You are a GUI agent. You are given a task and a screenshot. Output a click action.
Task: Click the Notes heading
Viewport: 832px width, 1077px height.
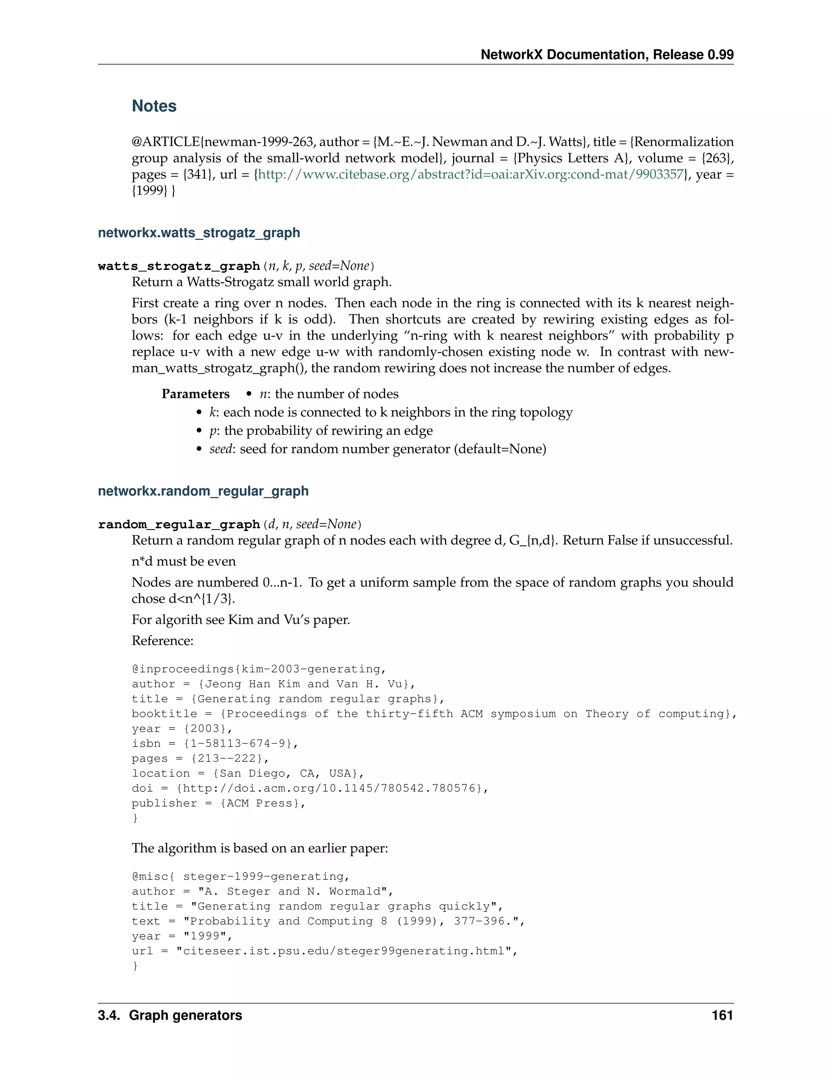(154, 106)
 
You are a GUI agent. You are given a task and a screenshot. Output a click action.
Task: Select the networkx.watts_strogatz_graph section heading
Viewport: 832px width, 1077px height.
(199, 233)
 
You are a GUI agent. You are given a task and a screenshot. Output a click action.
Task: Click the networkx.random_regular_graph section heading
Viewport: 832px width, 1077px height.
(203, 491)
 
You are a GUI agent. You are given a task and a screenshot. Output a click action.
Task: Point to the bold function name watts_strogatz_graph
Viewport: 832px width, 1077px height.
(179, 266)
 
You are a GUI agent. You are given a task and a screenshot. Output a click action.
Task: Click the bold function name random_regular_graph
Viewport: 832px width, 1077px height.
(179, 525)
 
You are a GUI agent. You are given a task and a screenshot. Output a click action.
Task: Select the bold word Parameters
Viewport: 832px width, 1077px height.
(195, 394)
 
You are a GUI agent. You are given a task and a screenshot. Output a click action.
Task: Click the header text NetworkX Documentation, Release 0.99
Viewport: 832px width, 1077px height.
(607, 55)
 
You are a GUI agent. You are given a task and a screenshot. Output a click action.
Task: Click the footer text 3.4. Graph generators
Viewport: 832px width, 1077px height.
(170, 1015)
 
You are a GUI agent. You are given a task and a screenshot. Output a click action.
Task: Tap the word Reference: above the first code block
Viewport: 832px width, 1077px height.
(162, 641)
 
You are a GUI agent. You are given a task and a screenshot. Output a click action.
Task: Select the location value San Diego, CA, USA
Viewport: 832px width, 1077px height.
(288, 773)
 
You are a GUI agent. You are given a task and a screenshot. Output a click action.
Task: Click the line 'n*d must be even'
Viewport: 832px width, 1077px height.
(183, 562)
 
